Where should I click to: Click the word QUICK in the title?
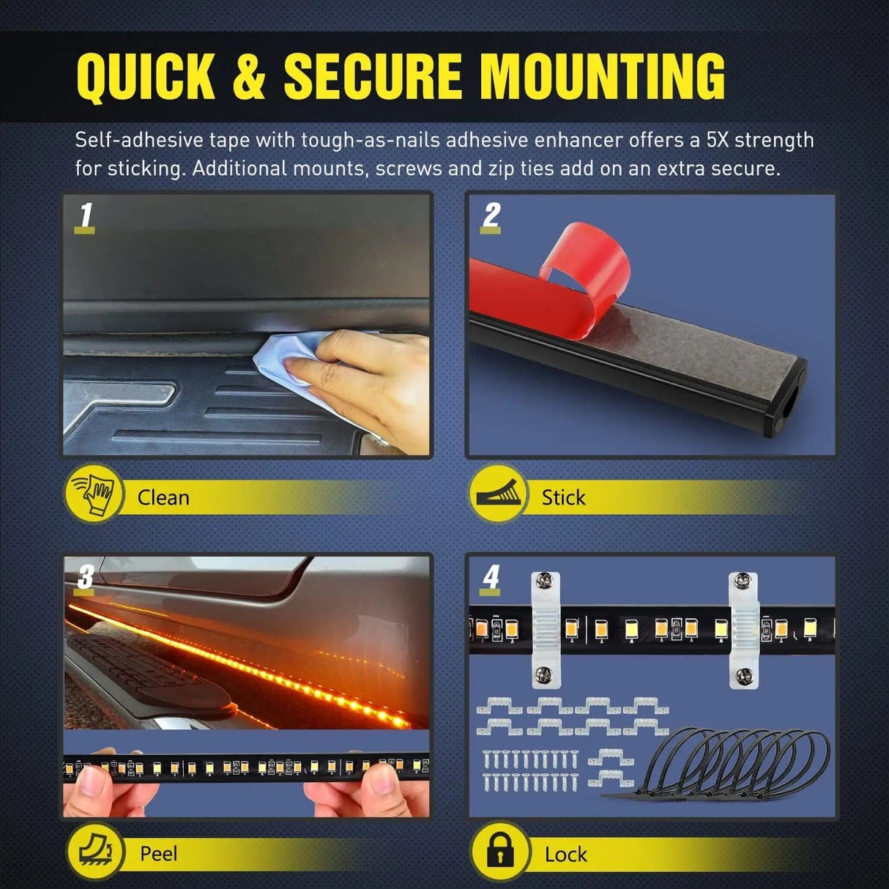pos(146,76)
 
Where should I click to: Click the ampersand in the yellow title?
pos(249,76)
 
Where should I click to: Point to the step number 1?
pos(86,215)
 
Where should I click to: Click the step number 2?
pos(491,215)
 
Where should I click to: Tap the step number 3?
pos(85,577)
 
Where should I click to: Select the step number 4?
pos(491,577)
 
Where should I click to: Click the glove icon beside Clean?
pos(94,494)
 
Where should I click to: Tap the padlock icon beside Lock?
pos(500,852)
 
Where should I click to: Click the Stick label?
pos(563,498)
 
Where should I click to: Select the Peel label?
pos(158,854)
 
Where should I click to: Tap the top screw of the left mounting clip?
pos(545,582)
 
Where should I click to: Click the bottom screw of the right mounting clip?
pos(744,674)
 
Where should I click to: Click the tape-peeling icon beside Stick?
pos(499,494)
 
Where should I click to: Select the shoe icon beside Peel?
pos(94,852)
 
